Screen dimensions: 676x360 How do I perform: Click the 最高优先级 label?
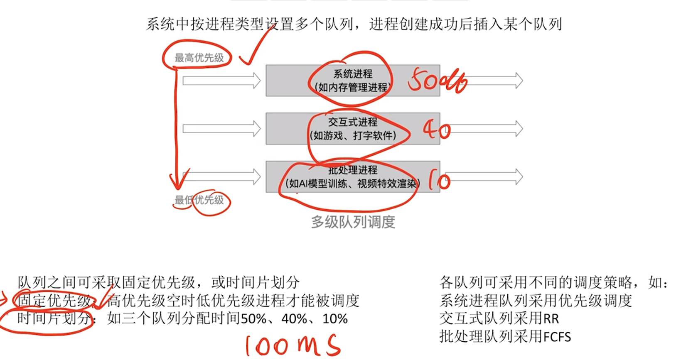199,58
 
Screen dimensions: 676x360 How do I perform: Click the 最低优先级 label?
199,200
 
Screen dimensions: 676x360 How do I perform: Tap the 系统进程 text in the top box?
353,74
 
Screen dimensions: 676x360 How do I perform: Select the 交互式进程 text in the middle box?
353,122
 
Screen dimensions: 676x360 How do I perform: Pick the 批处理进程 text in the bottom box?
353,170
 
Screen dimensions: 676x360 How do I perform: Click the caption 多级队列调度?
353,222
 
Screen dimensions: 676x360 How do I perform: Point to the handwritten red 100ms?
293,345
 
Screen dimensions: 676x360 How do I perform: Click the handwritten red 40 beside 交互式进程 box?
437,130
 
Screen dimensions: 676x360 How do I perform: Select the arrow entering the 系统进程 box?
221,81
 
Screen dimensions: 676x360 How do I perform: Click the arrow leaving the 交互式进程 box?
484,129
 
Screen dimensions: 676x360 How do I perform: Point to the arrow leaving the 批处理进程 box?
484,177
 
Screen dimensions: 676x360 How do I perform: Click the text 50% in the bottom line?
253,319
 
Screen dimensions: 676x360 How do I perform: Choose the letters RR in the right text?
551,319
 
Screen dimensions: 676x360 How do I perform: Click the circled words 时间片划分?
54,319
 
